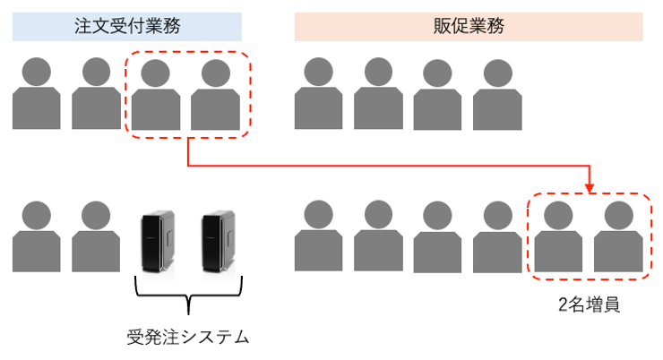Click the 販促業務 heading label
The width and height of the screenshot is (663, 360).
pyautogui.click(x=469, y=26)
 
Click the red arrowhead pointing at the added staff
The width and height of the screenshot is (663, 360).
pyautogui.click(x=590, y=187)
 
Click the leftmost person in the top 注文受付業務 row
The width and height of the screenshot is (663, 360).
pyautogui.click(x=37, y=94)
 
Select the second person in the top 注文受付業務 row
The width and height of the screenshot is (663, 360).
pyautogui.click(x=96, y=94)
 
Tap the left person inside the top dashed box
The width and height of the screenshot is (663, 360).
pyautogui.click(x=156, y=94)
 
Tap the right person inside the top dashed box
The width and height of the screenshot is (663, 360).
pyautogui.click(x=216, y=94)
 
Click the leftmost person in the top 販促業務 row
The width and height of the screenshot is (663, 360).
pyautogui.click(x=318, y=94)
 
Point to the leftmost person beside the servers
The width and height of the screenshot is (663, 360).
pyautogui.click(x=37, y=237)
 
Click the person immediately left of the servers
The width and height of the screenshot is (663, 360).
pyautogui.click(x=96, y=237)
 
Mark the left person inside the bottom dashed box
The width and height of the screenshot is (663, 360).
pyautogui.click(x=559, y=237)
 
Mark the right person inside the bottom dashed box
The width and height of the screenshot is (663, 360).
pyautogui.click(x=618, y=237)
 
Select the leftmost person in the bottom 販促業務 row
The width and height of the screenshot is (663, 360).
pyautogui.click(x=318, y=237)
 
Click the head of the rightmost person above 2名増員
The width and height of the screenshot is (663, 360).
pyautogui.click(x=618, y=216)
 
